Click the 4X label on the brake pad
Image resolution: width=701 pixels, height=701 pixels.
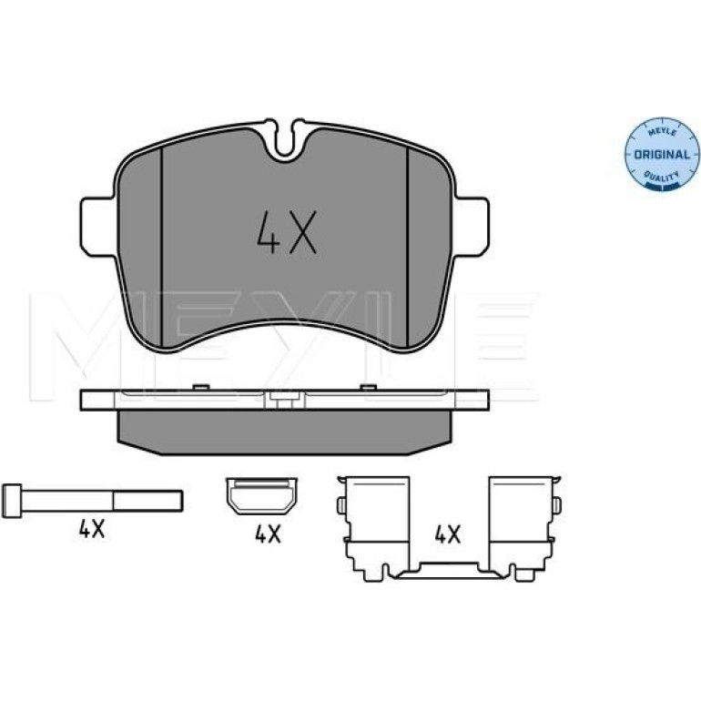point(287,232)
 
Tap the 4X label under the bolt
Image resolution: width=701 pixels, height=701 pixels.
point(92,530)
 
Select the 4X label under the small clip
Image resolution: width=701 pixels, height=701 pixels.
point(268,534)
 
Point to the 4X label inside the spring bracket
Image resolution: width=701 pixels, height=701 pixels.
point(448,534)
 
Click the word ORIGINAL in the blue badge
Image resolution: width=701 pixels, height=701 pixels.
point(662,155)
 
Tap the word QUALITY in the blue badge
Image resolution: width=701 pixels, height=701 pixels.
point(662,178)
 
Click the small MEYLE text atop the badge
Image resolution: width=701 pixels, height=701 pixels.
point(662,131)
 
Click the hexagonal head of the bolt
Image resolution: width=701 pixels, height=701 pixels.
point(12,501)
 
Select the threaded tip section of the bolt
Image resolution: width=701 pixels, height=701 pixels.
point(147,501)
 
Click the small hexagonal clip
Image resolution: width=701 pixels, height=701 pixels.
point(261,496)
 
